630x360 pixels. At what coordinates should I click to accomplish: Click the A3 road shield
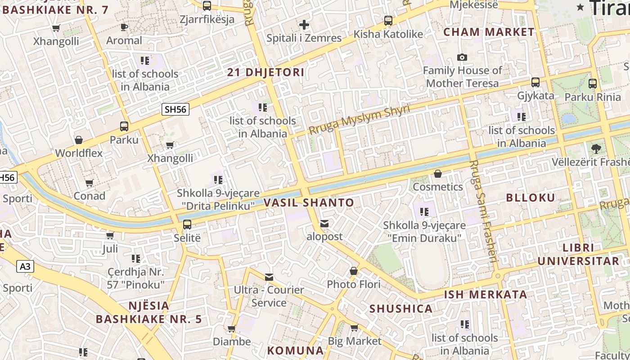(25, 266)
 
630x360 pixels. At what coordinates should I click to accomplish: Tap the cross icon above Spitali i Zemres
(304, 24)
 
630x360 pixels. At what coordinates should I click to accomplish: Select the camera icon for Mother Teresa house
(462, 57)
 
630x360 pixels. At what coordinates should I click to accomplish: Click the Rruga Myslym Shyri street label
(359, 120)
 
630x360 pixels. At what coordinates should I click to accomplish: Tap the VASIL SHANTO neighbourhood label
(309, 203)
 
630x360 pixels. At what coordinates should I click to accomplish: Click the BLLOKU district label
(531, 198)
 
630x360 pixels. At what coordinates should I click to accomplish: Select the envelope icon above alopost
(324, 223)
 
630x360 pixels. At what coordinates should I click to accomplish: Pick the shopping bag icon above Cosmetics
(437, 173)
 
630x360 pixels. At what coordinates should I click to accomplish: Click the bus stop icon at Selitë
(187, 224)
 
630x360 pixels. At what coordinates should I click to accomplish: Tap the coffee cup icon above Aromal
(124, 27)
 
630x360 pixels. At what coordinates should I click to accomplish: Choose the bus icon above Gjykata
(535, 82)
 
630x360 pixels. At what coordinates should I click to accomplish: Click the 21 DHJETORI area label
(265, 72)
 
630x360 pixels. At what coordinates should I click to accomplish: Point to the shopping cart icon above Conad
(89, 183)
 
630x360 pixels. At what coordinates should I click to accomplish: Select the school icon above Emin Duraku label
(423, 211)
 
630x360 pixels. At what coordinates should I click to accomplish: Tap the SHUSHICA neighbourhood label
(401, 309)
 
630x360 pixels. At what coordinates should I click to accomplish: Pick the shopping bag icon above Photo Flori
(354, 271)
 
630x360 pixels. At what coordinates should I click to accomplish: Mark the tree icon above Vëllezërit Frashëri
(597, 148)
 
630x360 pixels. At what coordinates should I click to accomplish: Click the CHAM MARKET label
(489, 32)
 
